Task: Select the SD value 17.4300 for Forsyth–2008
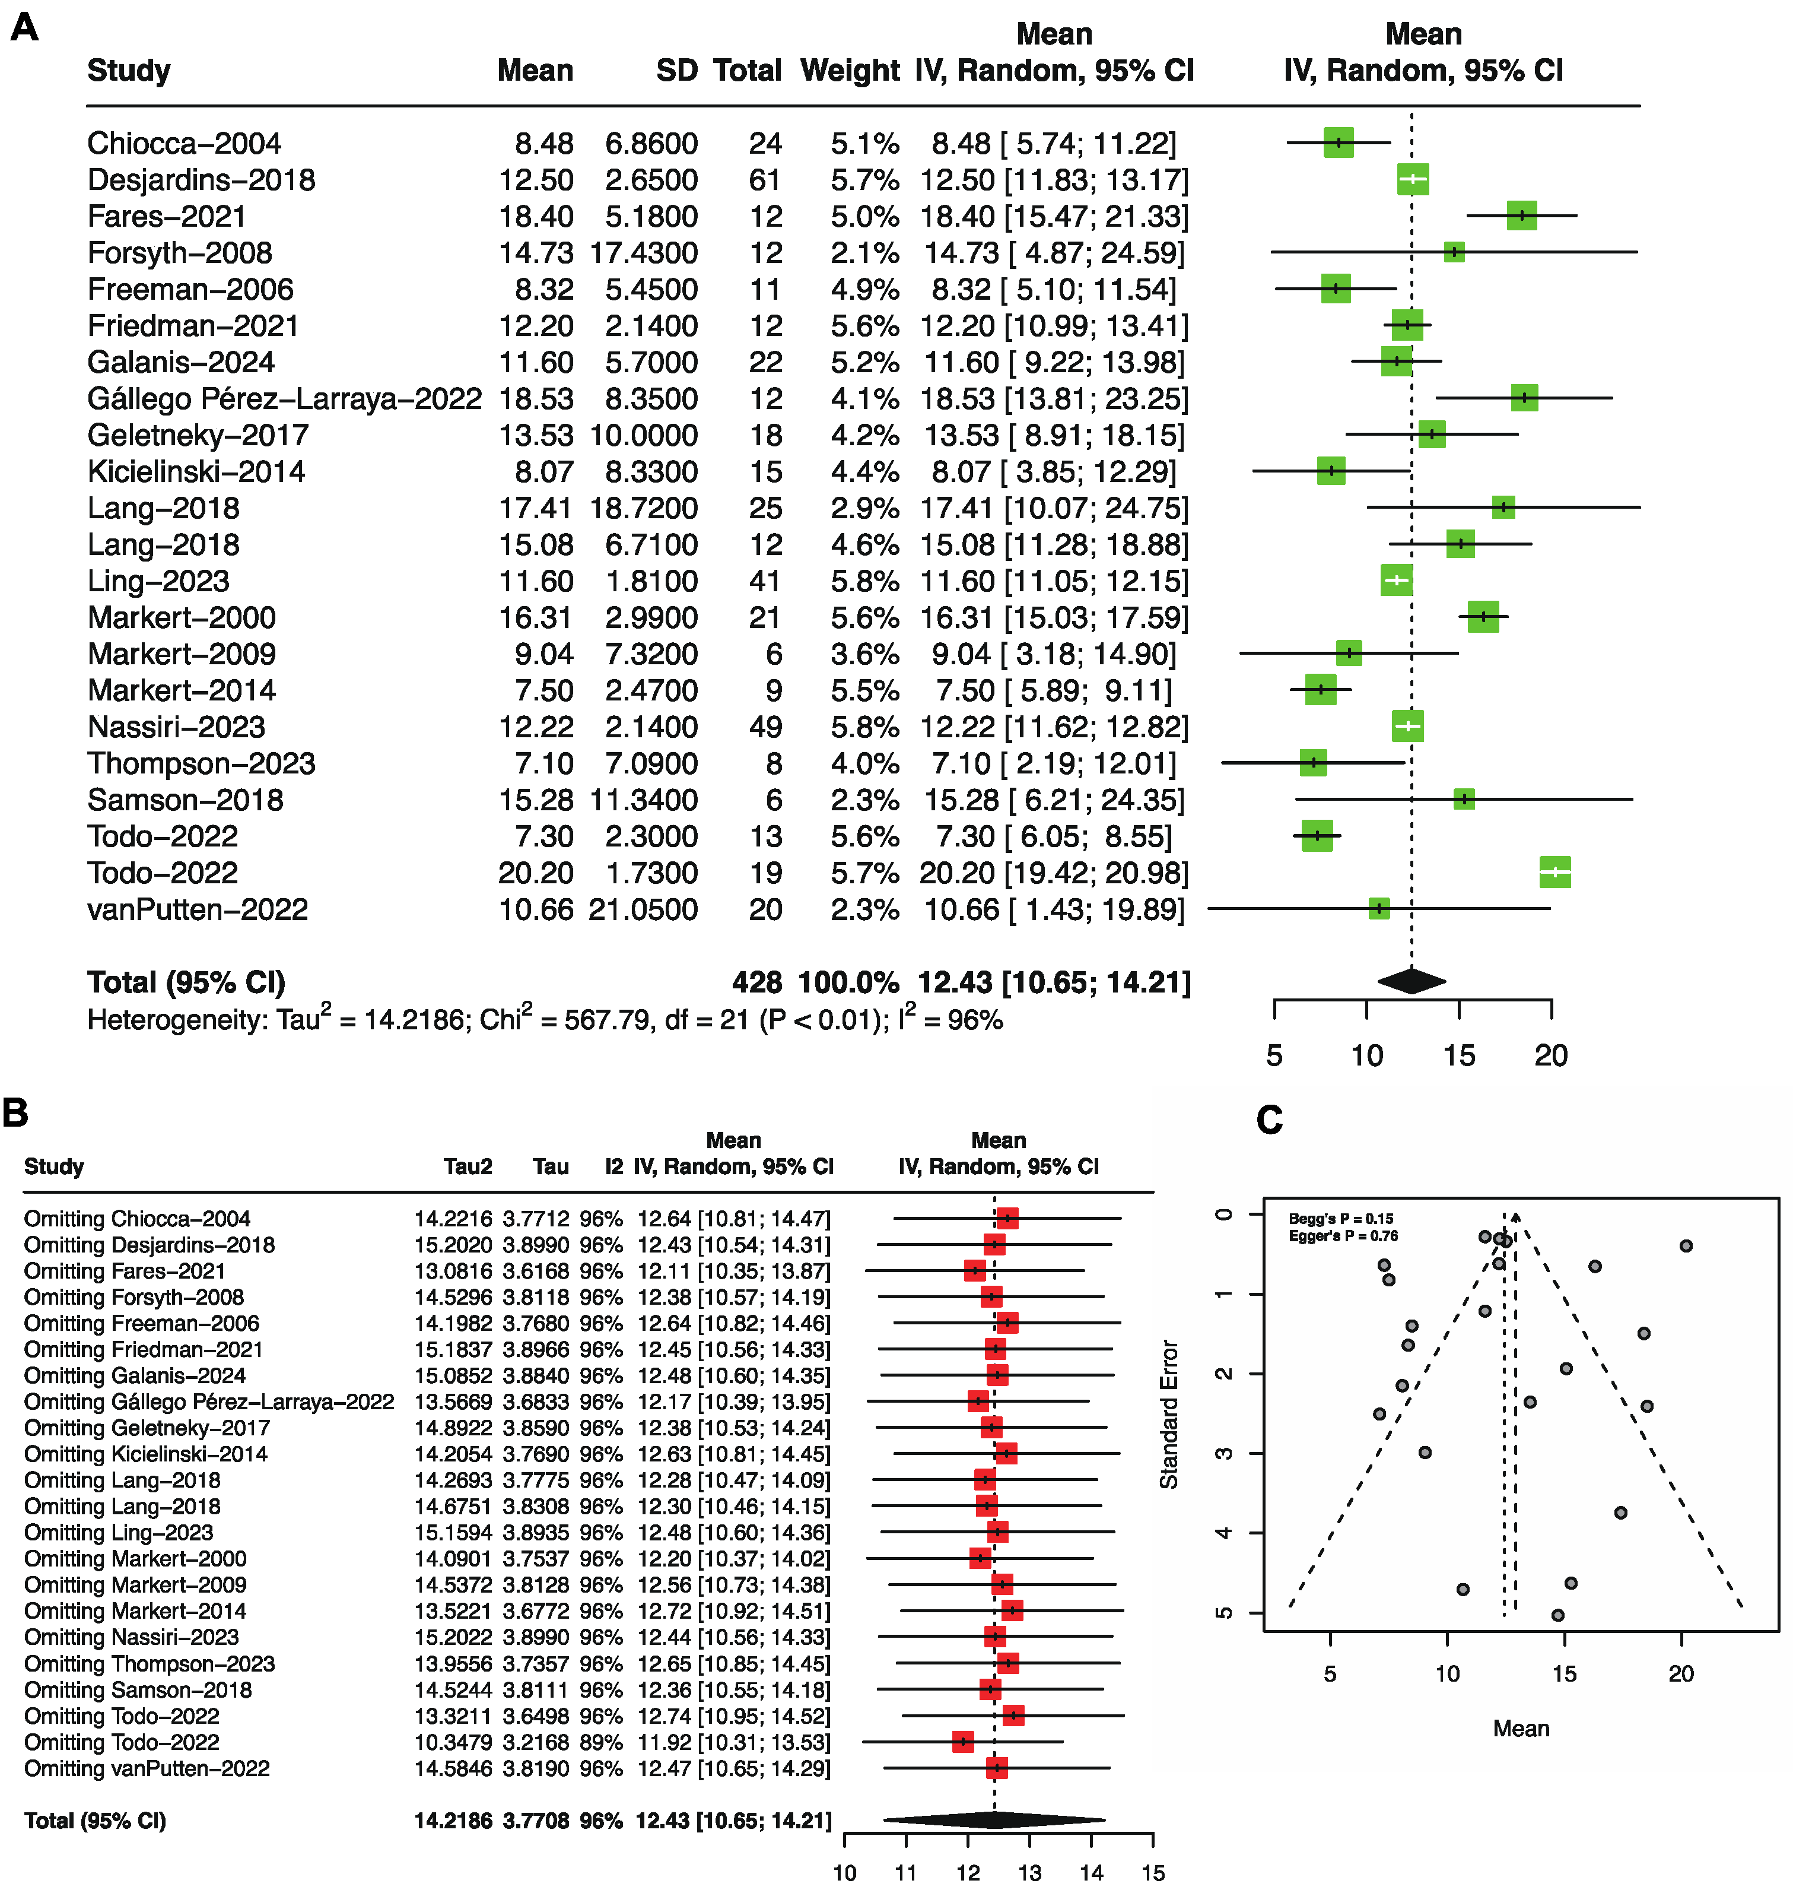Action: (643, 253)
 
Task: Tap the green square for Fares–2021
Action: (1522, 216)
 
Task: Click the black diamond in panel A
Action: (1411, 981)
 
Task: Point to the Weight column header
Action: (850, 71)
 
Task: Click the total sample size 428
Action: (757, 983)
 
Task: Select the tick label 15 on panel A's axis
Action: (1458, 1055)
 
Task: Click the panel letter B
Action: (16, 1114)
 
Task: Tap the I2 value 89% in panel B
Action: (600, 1742)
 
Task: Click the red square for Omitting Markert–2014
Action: (1012, 1611)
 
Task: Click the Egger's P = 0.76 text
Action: (1343, 1236)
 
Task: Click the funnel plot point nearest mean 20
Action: (1686, 1246)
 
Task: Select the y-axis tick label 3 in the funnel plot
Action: (1225, 1453)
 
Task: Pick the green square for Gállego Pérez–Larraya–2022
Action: (1524, 399)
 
